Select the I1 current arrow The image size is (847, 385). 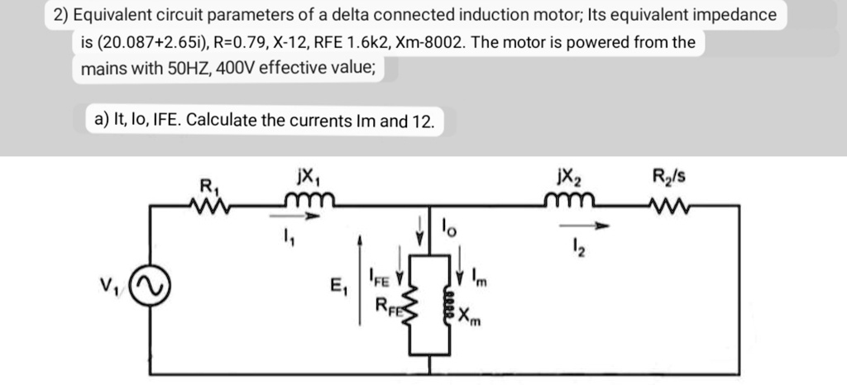point(298,219)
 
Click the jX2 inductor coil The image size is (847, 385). point(570,200)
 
